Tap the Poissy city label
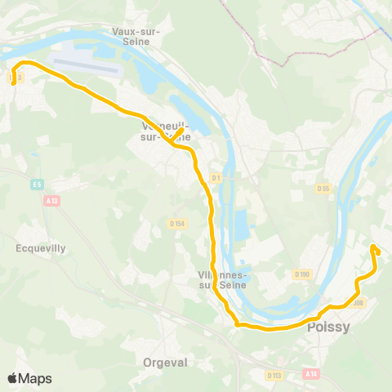328,327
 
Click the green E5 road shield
38,185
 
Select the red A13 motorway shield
53,200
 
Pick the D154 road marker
178,223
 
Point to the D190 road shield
303,274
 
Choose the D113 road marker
274,376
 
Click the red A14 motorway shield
310,373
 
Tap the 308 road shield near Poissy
359,303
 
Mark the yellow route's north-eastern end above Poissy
372,247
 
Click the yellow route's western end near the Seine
14,81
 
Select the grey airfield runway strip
86,65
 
